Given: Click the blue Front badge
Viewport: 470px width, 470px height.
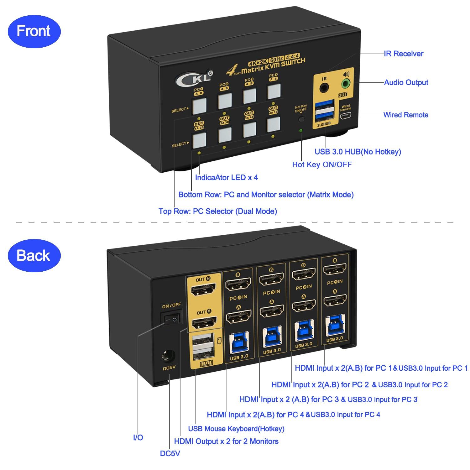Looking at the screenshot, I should point(34,31).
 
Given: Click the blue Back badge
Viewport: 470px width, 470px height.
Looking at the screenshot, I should point(34,255).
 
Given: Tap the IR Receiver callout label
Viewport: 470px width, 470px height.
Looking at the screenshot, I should point(403,54).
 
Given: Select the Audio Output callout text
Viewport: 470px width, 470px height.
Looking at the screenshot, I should point(406,82).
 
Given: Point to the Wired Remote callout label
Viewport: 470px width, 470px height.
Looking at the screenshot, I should point(405,115).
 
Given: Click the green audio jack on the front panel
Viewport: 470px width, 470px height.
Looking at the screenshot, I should point(345,83).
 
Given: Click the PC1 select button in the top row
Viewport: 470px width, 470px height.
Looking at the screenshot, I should point(200,107).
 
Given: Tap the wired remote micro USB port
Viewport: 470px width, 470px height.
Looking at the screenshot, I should point(346,117).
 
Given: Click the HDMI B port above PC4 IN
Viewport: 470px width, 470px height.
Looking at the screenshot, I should point(238,284).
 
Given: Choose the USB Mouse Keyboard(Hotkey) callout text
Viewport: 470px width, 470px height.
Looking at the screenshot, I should point(236,428).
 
